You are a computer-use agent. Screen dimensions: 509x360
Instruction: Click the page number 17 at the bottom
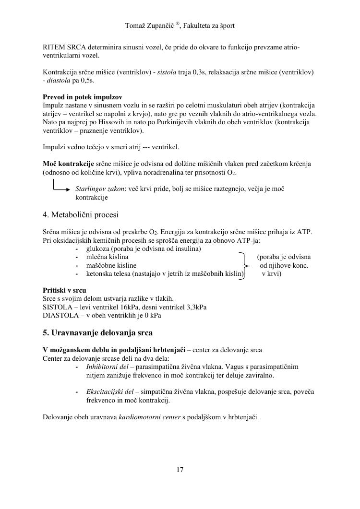(180, 470)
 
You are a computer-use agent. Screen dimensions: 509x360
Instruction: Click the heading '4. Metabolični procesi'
(81, 214)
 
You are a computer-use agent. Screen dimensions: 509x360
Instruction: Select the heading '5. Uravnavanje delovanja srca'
(98, 332)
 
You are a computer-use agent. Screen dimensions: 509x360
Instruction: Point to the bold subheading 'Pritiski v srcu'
(64, 290)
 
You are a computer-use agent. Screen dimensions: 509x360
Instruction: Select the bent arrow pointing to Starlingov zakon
(62, 186)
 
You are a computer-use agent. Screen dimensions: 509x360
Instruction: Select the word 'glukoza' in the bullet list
(98, 249)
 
